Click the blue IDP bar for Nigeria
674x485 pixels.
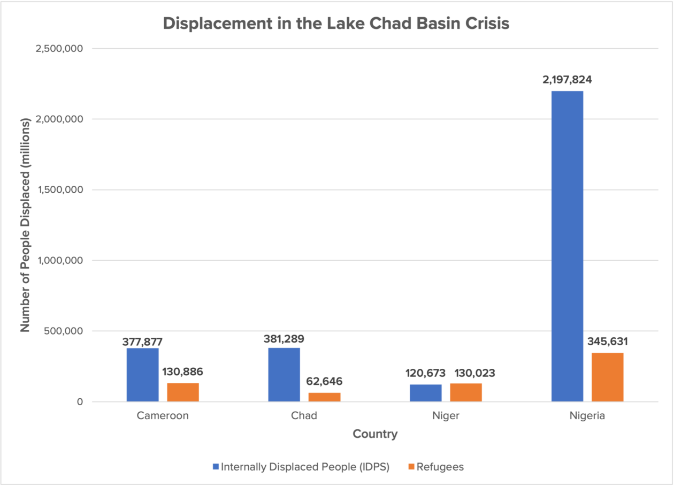coord(567,246)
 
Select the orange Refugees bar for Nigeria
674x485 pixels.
coord(607,377)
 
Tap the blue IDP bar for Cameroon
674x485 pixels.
coord(142,375)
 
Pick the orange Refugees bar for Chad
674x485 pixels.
coord(324,397)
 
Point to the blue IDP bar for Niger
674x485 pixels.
coord(425,393)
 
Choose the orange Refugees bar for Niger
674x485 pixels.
coord(465,392)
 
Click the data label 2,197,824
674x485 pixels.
coord(566,80)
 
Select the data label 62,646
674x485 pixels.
coord(324,382)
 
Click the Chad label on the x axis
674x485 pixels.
coord(304,416)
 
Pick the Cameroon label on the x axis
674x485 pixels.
coord(163,416)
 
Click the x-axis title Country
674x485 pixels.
coord(375,434)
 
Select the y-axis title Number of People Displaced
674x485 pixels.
coord(25,225)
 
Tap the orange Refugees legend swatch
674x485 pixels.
coord(411,467)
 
